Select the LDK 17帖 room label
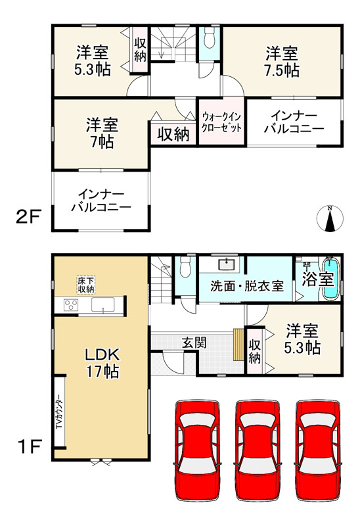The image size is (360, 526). pyautogui.click(x=101, y=362)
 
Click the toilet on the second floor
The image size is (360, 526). pyautogui.click(x=208, y=38)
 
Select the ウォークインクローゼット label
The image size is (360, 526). pyautogui.click(x=221, y=122)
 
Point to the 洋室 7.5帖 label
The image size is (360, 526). pyautogui.click(x=282, y=61)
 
